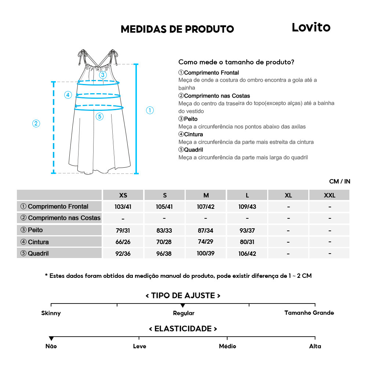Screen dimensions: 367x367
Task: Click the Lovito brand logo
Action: click(x=311, y=27)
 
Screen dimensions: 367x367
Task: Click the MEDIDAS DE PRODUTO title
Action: click(x=177, y=29)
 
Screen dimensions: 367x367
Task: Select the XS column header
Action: click(x=123, y=195)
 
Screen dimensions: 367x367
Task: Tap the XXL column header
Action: click(x=329, y=195)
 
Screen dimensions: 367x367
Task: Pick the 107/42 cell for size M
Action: click(x=206, y=207)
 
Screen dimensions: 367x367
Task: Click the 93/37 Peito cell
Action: click(x=247, y=231)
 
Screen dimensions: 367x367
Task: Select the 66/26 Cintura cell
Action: click(x=123, y=242)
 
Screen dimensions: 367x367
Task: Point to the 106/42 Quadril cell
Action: click(x=247, y=254)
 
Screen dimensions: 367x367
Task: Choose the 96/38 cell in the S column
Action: click(x=164, y=254)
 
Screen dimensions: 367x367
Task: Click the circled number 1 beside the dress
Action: click(x=150, y=110)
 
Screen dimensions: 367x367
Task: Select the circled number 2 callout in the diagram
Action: click(x=36, y=123)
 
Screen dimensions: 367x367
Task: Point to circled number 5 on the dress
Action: click(x=99, y=117)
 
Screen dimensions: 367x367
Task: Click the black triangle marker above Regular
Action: click(x=183, y=306)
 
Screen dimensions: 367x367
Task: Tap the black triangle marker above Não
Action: click(x=51, y=338)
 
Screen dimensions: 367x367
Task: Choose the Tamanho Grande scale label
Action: click(x=309, y=313)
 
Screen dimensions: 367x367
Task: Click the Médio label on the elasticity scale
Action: click(x=227, y=346)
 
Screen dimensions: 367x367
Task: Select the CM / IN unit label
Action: click(x=339, y=181)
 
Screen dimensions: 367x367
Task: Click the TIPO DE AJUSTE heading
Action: click(x=183, y=296)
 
